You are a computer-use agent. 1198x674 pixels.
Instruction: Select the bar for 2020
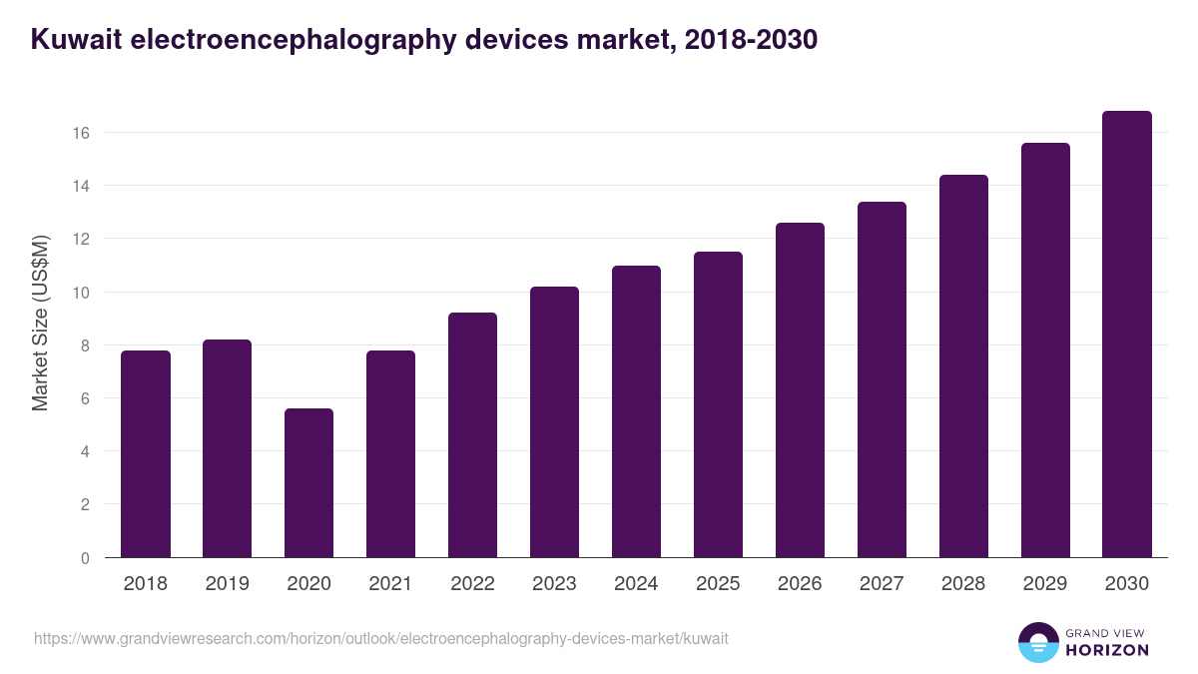(308, 483)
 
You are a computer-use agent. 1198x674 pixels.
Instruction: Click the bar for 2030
(1127, 335)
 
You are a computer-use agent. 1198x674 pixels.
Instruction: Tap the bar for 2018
(145, 454)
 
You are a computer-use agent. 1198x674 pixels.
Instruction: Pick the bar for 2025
(718, 404)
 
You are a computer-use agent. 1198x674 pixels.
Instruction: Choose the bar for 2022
(472, 435)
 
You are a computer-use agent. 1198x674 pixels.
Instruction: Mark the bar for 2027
(882, 379)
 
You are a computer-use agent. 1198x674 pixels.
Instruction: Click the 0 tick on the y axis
(85, 558)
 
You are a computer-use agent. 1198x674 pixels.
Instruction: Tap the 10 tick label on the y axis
(82, 293)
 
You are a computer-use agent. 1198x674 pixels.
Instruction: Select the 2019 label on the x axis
(227, 584)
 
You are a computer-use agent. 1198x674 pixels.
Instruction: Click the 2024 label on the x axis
(636, 584)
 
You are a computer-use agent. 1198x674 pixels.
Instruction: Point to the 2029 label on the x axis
(1045, 584)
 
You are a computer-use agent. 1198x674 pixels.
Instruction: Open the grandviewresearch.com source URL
(381, 638)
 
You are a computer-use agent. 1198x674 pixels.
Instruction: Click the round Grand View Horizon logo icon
(1037, 642)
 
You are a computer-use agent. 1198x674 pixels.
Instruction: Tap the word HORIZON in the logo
(1107, 650)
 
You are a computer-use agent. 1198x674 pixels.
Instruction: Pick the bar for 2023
(554, 422)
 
